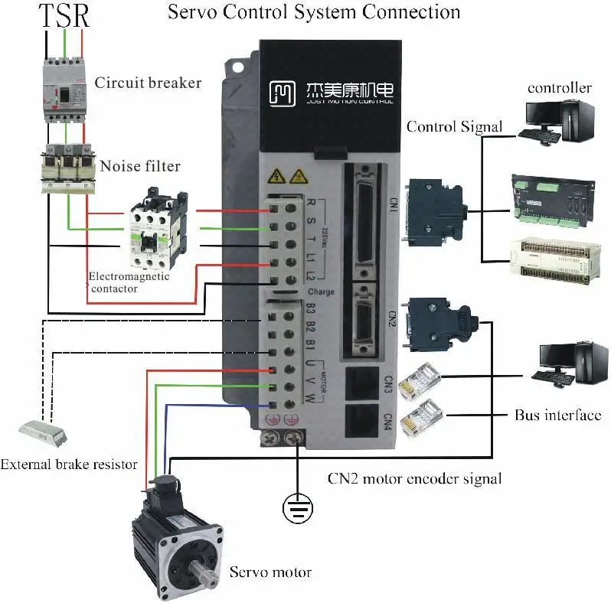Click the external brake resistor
tap(44, 433)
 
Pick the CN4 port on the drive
tap(362, 420)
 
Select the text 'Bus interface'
tap(557, 416)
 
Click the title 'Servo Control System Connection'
tap(313, 12)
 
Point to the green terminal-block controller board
tap(553, 201)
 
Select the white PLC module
tap(553, 259)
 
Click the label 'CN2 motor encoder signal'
tap(414, 479)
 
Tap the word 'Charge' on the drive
tap(321, 292)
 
